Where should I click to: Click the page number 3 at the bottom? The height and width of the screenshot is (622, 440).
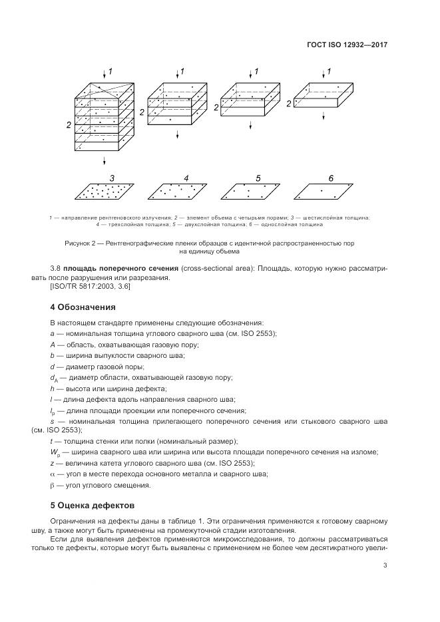click(385, 565)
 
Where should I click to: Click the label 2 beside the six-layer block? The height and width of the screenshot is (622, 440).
click(61, 124)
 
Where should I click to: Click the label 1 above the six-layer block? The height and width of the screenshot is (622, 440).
click(110, 71)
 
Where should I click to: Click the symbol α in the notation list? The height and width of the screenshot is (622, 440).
click(53, 474)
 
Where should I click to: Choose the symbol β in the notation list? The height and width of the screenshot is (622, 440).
click(53, 484)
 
